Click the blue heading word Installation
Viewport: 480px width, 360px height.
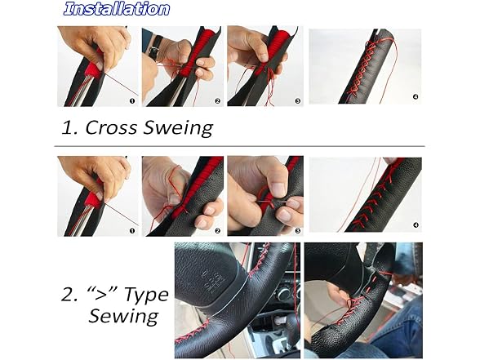(116, 8)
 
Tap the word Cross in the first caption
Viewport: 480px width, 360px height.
(111, 127)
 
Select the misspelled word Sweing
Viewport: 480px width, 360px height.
(178, 128)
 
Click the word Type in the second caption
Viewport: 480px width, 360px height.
(146, 296)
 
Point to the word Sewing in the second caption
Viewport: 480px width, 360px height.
(124, 316)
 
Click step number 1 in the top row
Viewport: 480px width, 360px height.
(132, 100)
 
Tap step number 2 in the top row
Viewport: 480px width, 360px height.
(217, 100)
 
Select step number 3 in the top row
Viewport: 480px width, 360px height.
(297, 100)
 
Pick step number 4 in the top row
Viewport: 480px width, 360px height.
(416, 96)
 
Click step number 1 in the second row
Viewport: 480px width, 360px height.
(132, 230)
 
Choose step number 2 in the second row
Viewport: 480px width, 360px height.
(217, 230)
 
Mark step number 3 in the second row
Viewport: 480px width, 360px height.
(297, 230)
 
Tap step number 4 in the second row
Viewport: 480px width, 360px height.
(416, 225)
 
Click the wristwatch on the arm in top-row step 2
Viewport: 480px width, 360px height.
(155, 46)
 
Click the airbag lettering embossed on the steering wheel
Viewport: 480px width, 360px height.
(213, 281)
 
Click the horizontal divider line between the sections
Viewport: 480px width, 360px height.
(240, 146)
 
